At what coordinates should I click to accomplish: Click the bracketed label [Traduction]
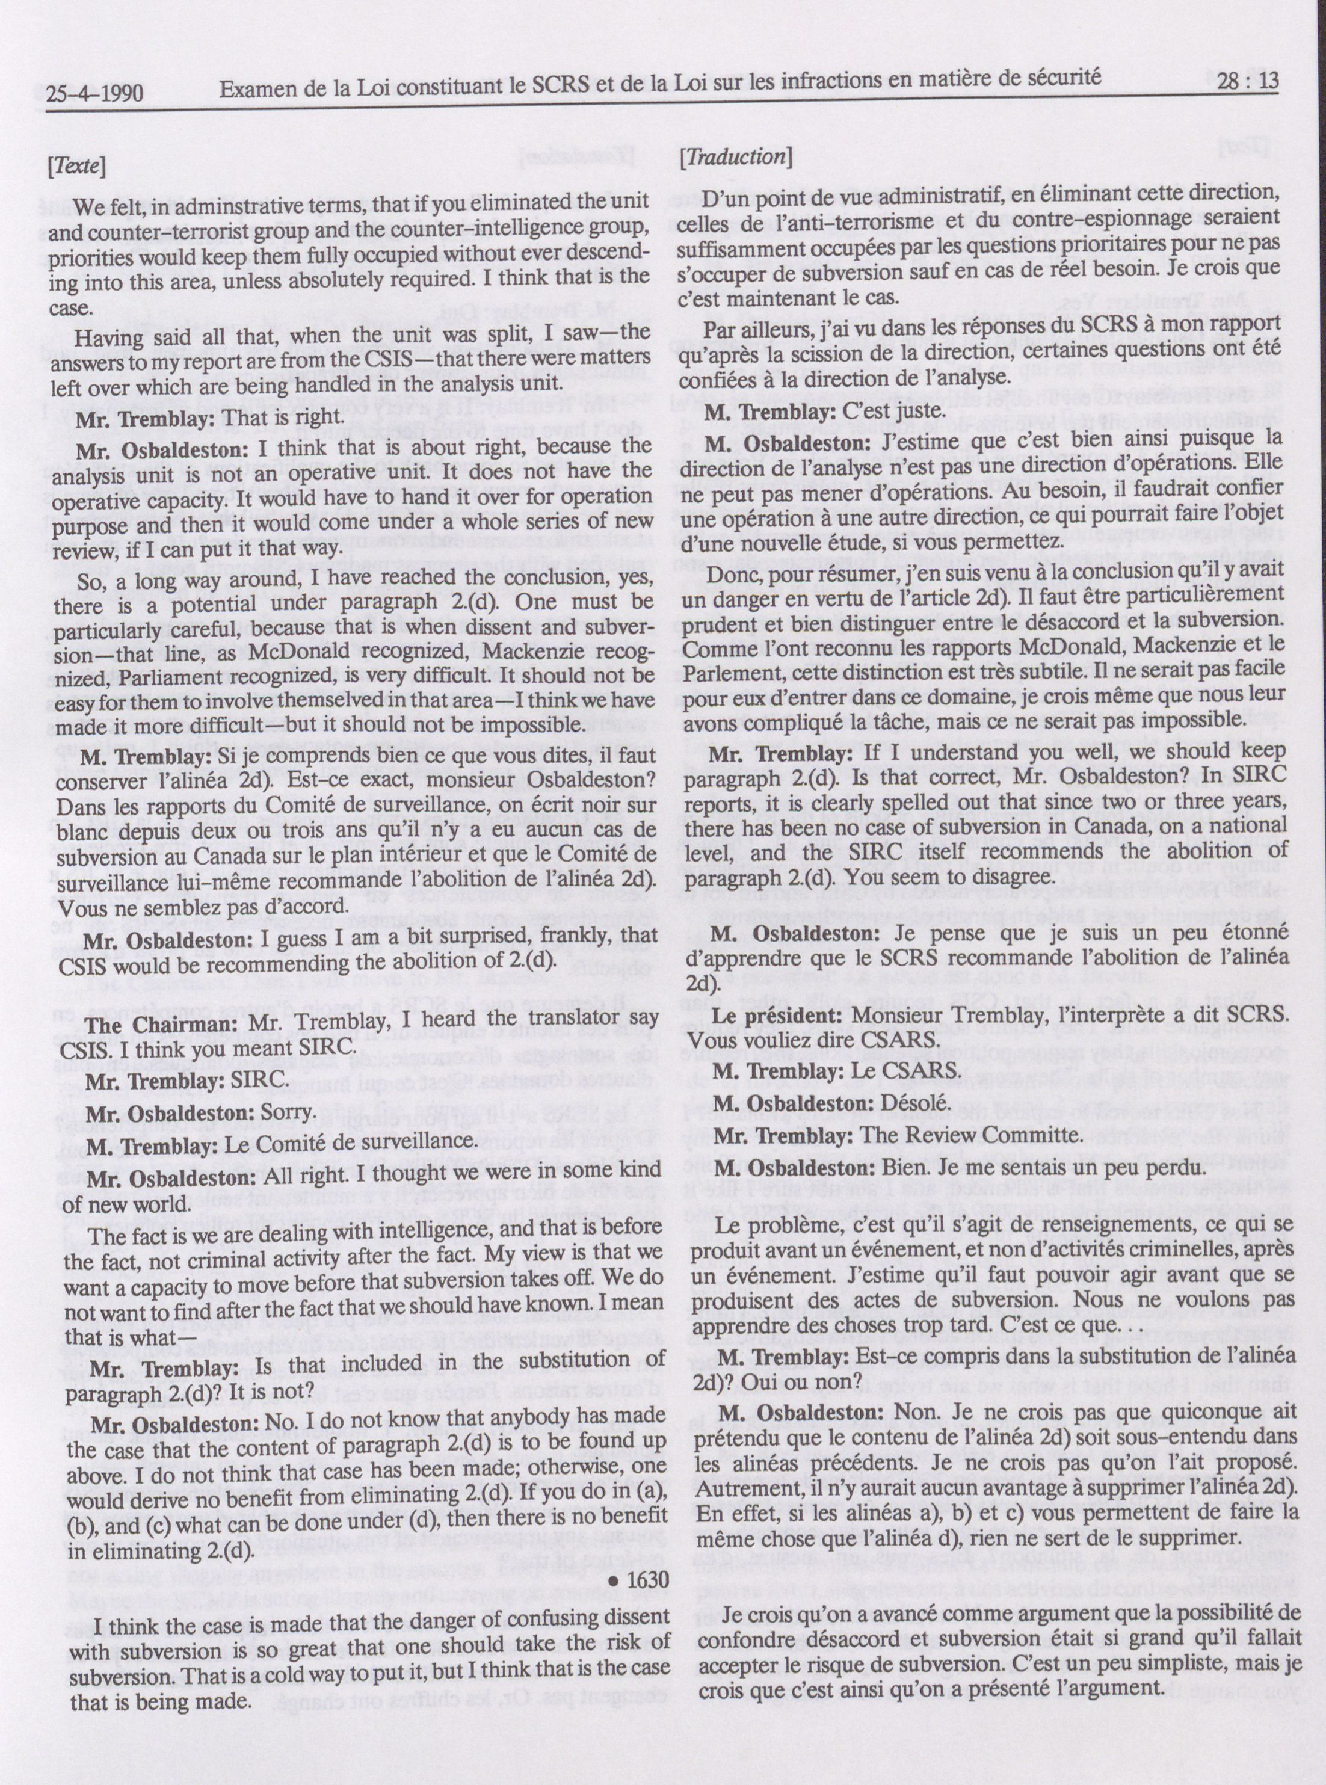735,156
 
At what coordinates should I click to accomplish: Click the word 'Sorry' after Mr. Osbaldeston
286,1115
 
